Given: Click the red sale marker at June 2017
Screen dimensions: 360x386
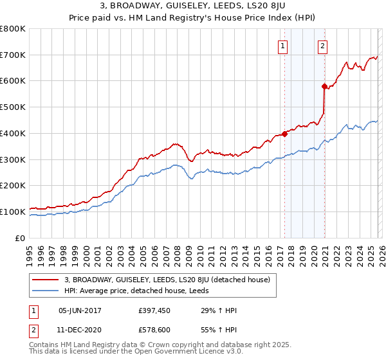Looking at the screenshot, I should (284, 134).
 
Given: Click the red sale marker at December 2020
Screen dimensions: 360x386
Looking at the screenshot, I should (324, 85).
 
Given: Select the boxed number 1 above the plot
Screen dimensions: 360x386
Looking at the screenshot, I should (283, 46).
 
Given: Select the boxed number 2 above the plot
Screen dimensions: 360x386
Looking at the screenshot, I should (322, 46).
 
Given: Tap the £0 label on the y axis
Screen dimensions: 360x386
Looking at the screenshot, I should (21, 238).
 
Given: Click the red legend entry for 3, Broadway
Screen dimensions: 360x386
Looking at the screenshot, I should (171, 280).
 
